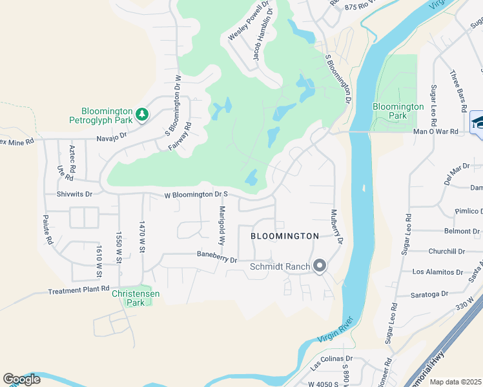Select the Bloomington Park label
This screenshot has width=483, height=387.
click(398, 111)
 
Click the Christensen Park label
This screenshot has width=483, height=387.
click(136, 298)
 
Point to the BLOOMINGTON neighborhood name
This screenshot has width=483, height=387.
click(285, 237)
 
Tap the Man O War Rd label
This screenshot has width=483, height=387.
click(435, 132)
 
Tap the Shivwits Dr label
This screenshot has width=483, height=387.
click(75, 193)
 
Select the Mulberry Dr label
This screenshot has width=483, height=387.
click(336, 226)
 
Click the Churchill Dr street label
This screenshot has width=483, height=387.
click(446, 252)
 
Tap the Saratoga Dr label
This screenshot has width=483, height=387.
click(429, 294)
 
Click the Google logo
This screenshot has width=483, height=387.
click(21, 379)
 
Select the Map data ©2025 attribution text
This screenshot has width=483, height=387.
click(455, 382)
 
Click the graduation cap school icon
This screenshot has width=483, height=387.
click(477, 121)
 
